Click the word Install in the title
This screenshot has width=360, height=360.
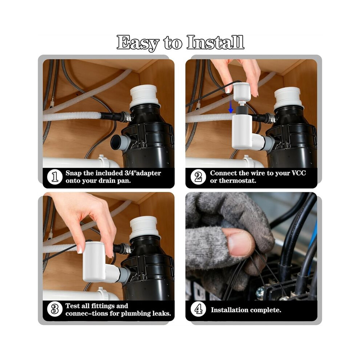click(x=215, y=42)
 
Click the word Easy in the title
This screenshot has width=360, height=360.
click(x=138, y=43)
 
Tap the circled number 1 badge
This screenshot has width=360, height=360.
click(x=55, y=177)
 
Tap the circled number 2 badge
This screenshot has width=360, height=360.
click(x=198, y=177)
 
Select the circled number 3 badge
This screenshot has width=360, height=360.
click(x=55, y=309)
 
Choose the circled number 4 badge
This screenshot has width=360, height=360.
click(x=198, y=309)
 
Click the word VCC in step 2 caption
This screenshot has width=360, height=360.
click(x=299, y=173)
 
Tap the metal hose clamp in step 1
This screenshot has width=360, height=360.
click(x=126, y=116)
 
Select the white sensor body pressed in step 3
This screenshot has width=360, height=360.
click(x=95, y=261)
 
